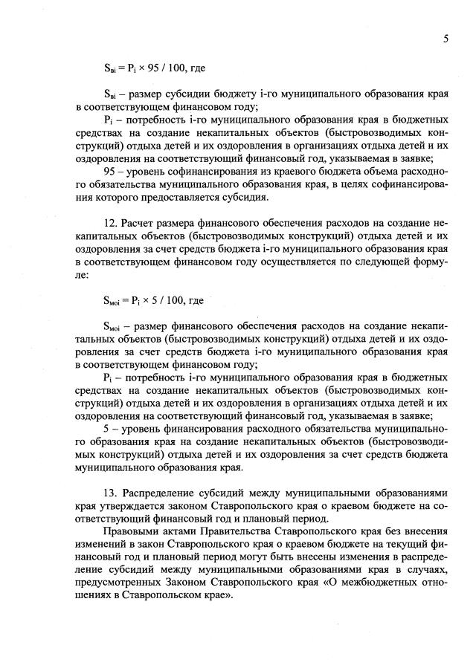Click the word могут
point(231,564)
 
